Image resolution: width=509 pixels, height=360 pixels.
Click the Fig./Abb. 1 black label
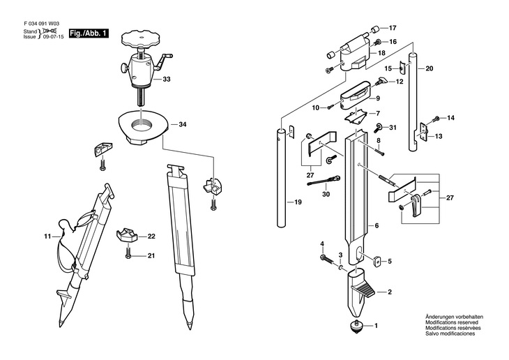click(89, 33)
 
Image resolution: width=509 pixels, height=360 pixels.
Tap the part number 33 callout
click(167, 80)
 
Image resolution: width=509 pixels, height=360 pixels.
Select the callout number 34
click(183, 124)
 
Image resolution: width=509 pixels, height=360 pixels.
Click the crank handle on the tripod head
click(163, 61)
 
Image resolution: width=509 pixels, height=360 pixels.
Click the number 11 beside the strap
click(47, 237)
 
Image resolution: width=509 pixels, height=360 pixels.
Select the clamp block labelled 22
click(127, 236)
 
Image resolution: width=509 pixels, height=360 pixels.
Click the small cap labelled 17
click(376, 29)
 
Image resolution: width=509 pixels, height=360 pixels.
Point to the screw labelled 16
click(379, 42)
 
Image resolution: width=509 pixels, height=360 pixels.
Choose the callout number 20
click(429, 68)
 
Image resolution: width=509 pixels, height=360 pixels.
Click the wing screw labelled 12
click(381, 80)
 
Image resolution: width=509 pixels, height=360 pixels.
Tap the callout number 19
click(298, 202)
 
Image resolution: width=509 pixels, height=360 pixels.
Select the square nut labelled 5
click(377, 260)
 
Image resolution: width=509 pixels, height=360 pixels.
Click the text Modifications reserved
click(452, 322)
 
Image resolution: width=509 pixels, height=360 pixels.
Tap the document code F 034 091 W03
click(42, 24)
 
